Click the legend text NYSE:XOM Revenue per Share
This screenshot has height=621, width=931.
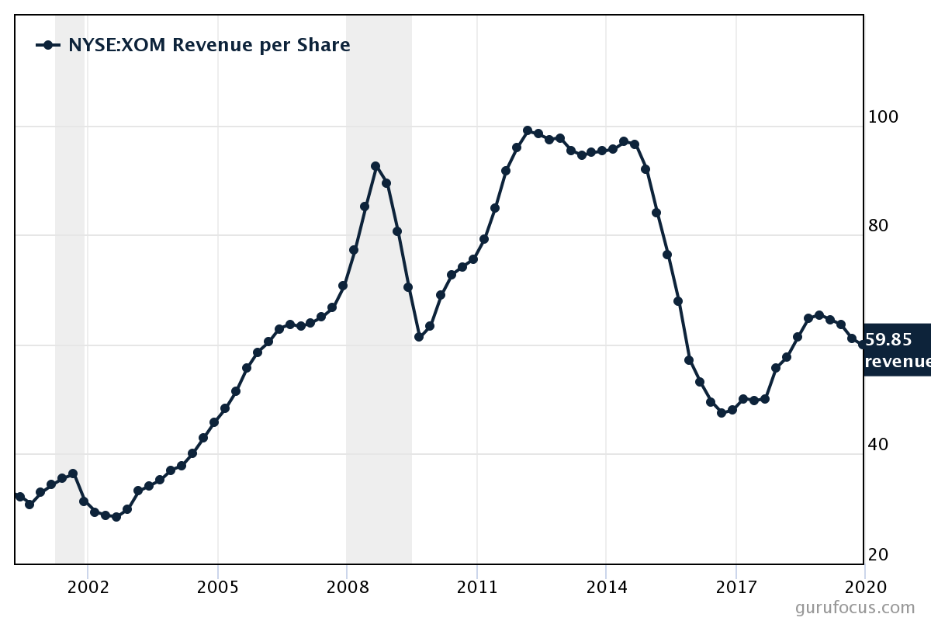click(x=209, y=45)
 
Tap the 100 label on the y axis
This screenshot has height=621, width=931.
click(x=884, y=117)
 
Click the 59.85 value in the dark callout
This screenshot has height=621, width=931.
click(x=888, y=339)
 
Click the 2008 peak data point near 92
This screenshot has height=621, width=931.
click(x=376, y=166)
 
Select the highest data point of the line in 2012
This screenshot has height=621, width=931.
click(x=528, y=130)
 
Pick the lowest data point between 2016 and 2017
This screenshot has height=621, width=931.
click(x=722, y=412)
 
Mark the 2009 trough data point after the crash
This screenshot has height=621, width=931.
click(x=419, y=337)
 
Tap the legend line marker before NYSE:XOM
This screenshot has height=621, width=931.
click(x=48, y=45)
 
